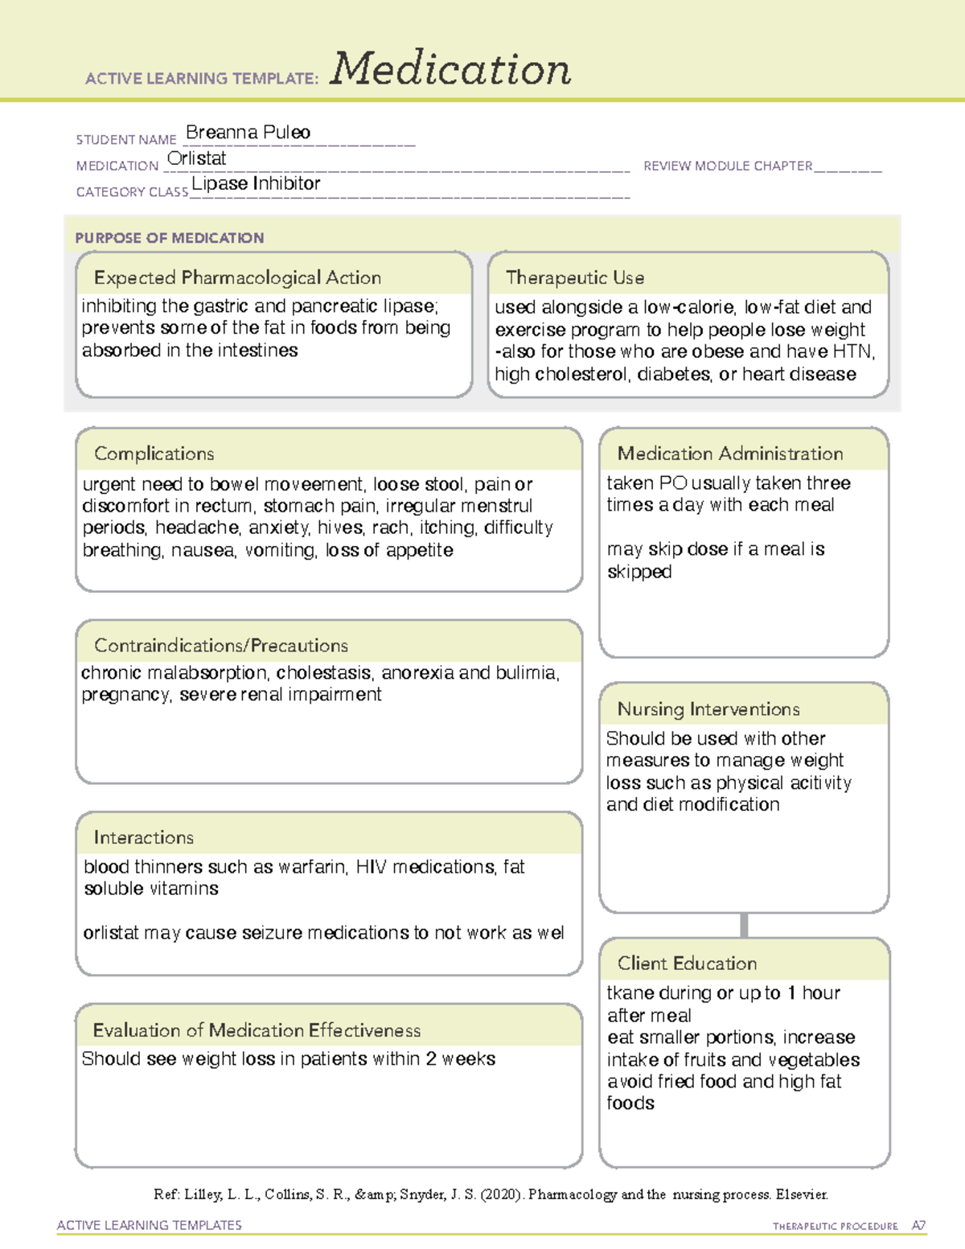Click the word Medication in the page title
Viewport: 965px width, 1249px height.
point(450,69)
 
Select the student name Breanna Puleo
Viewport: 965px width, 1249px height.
point(248,133)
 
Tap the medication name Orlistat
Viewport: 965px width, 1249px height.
point(196,158)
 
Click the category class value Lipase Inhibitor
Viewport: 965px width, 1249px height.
point(256,184)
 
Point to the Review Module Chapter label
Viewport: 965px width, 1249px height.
point(728,166)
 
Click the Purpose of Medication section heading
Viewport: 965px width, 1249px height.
point(170,238)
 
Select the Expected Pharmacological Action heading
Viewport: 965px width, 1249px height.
point(237,278)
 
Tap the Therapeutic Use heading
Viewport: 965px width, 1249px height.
point(575,278)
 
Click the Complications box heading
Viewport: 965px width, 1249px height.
point(154,454)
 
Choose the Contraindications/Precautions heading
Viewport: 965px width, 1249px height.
point(221,646)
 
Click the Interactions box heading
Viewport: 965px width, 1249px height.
point(143,838)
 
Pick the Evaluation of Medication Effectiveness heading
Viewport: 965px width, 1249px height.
point(257,1031)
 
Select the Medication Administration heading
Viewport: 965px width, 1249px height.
point(730,454)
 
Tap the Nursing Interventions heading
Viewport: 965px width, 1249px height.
point(708,709)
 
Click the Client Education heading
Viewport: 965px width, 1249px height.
point(687,963)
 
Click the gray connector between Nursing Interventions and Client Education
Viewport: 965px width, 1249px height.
point(744,926)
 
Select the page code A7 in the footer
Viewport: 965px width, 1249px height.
point(918,1226)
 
